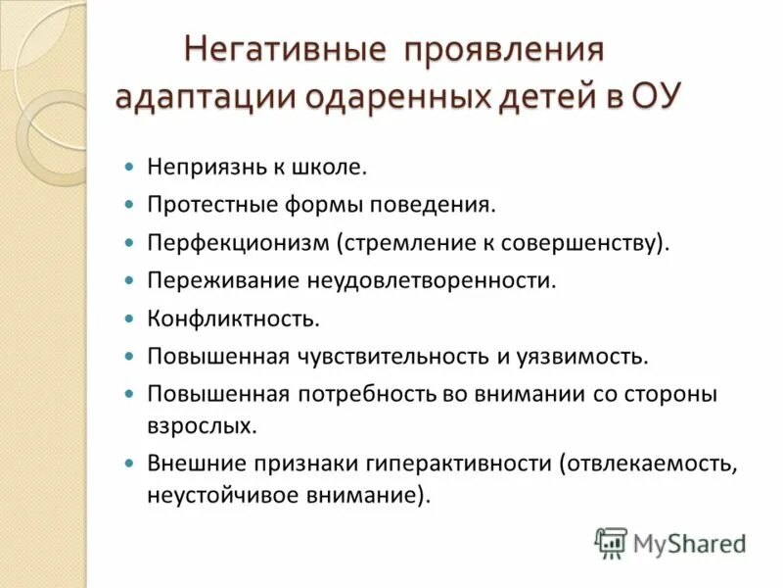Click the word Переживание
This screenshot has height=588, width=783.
tap(209, 280)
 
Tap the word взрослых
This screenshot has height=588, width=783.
tap(203, 426)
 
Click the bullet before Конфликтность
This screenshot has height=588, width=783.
tap(128, 318)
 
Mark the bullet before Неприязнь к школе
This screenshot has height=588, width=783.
tap(128, 168)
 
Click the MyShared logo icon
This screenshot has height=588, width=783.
tap(612, 543)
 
